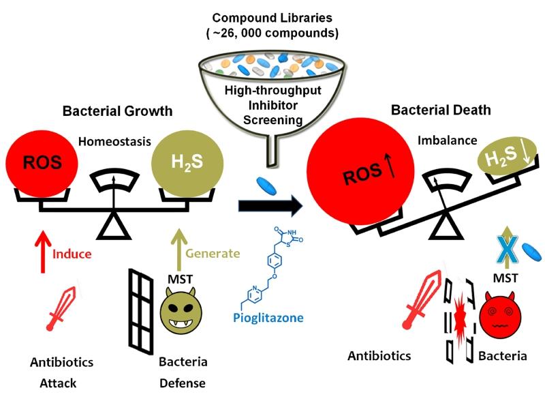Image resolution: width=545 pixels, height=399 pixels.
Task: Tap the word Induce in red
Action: click(x=71, y=254)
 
